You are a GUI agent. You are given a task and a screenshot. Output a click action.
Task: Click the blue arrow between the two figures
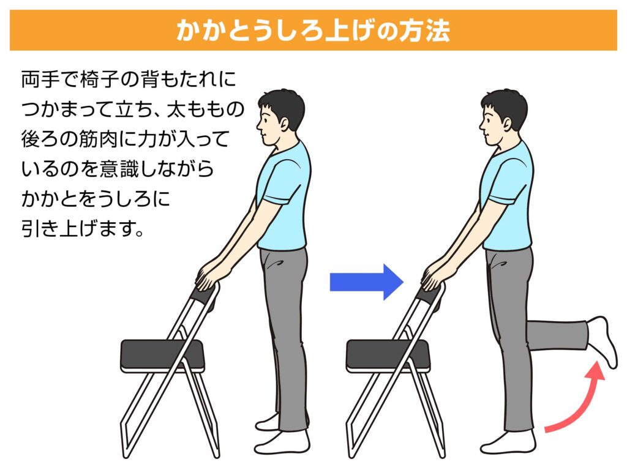(x=366, y=282)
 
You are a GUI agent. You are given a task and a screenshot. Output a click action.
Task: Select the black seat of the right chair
(x=388, y=355)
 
